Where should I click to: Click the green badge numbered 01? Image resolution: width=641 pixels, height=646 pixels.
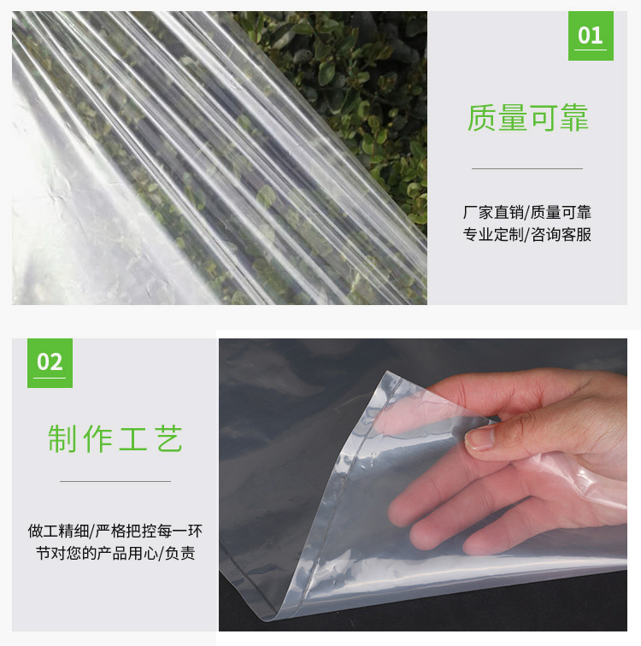pos(591,36)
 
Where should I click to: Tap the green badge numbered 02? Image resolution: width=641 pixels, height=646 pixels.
pos(50,363)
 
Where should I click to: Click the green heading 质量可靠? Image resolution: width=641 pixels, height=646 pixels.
pos(527,118)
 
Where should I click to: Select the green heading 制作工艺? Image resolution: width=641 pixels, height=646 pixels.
pos(115,438)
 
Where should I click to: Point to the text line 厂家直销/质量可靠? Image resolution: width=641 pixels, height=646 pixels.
pos(526,213)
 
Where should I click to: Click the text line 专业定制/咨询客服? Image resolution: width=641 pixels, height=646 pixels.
pos(526,234)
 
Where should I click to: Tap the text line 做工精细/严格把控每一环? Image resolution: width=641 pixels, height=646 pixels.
pos(115,531)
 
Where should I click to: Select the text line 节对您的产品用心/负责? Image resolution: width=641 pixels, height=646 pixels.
pos(115,553)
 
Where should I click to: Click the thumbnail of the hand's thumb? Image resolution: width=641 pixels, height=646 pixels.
pos(480,438)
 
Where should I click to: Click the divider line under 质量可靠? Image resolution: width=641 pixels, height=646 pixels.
pos(526,168)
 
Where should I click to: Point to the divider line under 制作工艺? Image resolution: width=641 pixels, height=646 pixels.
pos(115,481)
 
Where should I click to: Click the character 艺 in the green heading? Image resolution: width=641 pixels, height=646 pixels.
pos(169,438)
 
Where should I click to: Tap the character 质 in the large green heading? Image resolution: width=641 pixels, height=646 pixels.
pos(481,118)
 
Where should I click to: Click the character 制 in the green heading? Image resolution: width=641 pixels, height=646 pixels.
pos(62,438)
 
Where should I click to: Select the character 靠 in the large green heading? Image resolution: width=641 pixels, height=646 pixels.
pos(573,118)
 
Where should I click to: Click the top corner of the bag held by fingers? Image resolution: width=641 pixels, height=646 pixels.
pos(386,372)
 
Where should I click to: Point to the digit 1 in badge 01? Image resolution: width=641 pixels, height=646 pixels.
pos(597,35)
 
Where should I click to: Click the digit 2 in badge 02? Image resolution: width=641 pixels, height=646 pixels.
pos(56,362)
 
